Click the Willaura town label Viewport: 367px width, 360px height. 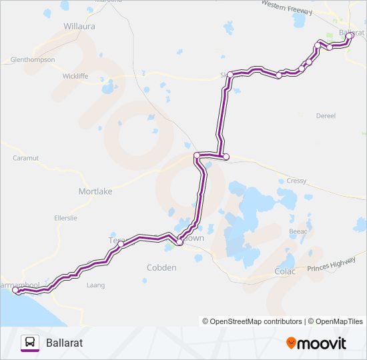(x=79, y=26)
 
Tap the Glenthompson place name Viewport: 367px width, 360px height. (x=33, y=59)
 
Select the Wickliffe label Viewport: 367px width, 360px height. (x=75, y=76)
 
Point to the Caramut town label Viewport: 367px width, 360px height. (x=27, y=158)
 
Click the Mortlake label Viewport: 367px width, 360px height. (x=95, y=191)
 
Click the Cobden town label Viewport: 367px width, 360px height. (x=161, y=268)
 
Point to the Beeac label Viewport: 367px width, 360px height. (x=298, y=231)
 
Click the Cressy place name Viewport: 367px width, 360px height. (x=296, y=181)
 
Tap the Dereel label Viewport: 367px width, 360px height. (x=326, y=115)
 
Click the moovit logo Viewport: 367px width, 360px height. (x=316, y=343)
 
